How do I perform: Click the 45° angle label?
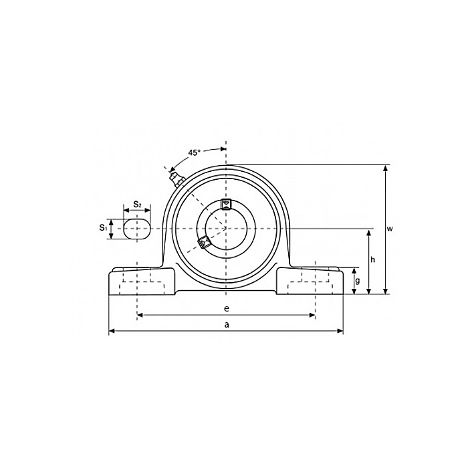point(194,152)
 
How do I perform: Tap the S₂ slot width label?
point(136,204)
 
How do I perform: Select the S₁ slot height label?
point(104,228)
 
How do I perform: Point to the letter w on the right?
point(390,229)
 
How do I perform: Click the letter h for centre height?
point(374,260)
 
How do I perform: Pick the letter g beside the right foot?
point(358,281)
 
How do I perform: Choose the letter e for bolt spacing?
point(227,308)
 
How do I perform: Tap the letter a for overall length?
point(227,324)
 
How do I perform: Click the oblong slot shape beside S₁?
point(137,228)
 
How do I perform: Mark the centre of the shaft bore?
point(226,228)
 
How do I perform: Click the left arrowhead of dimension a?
point(112,330)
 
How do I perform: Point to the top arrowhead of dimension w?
point(384,168)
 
